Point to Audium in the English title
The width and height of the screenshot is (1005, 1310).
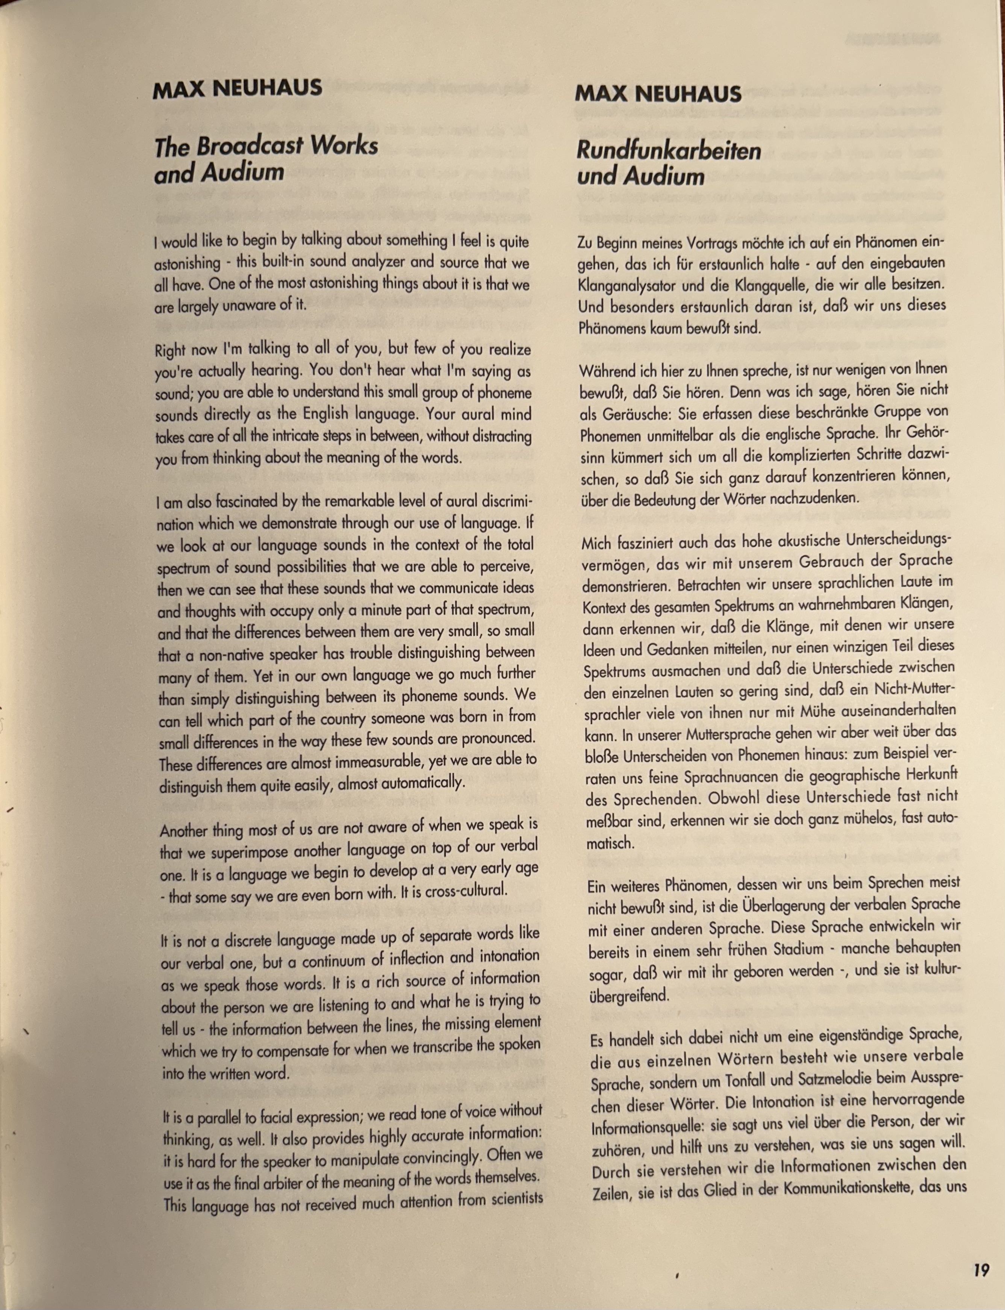click(x=242, y=173)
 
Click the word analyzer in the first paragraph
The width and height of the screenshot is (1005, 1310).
click(x=373, y=263)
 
